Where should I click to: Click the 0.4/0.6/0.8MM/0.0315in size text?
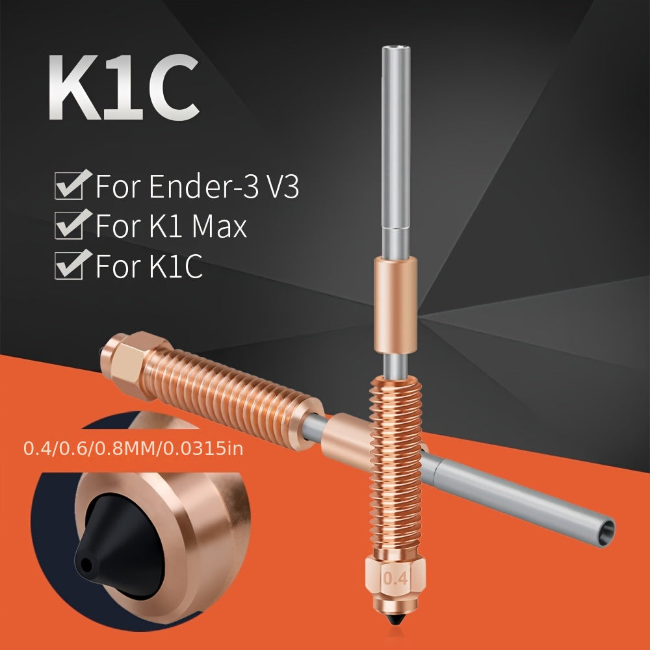click(133, 448)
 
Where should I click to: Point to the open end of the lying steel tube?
click(605, 530)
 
